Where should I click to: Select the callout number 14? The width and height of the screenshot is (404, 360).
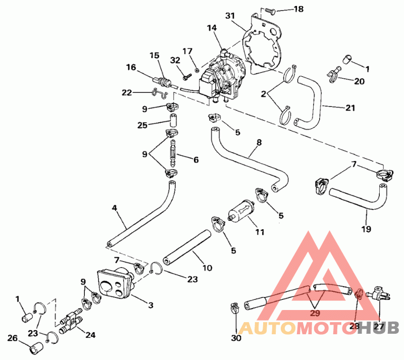(212, 29)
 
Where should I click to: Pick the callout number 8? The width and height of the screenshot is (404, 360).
(259, 143)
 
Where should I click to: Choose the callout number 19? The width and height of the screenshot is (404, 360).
(366, 229)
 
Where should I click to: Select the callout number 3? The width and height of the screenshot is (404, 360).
(150, 305)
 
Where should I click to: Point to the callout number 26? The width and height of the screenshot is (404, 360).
(13, 338)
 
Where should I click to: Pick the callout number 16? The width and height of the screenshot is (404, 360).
(131, 67)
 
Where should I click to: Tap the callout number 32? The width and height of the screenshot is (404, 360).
(175, 60)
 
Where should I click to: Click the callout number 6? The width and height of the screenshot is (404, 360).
(195, 160)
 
